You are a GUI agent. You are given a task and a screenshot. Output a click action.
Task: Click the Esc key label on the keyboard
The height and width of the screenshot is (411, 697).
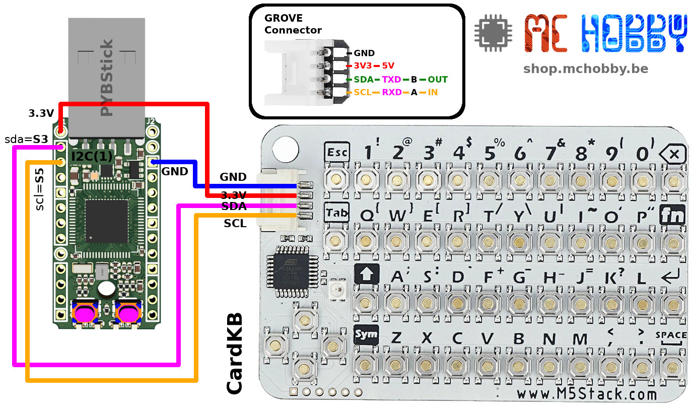(336, 152)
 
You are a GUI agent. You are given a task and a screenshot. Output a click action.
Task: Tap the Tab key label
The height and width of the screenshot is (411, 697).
(336, 213)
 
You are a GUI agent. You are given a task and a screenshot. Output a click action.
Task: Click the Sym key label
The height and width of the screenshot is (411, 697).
(366, 334)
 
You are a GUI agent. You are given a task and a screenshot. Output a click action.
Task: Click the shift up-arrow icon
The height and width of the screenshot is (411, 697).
(366, 275)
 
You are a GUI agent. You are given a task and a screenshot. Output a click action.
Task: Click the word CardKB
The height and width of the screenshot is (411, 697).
(235, 354)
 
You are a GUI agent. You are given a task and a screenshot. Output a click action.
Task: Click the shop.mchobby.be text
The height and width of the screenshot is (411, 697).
(585, 68)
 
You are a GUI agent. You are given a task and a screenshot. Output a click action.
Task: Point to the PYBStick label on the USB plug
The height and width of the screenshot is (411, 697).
(107, 78)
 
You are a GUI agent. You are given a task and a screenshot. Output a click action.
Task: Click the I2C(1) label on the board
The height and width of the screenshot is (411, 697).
(92, 156)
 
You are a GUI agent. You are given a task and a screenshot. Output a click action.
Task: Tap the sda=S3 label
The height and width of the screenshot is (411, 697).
(26, 139)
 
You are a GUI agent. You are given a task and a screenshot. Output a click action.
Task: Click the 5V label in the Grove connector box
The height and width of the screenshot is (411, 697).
(388, 65)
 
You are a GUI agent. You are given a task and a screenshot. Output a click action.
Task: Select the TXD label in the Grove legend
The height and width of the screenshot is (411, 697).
(391, 80)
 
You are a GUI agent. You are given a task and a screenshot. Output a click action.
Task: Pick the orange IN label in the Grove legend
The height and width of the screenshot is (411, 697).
(433, 93)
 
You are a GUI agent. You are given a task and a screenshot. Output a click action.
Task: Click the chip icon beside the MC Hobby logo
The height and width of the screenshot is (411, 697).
(493, 33)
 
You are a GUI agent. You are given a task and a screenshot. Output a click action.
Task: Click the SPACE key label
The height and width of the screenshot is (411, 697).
(671, 335)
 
